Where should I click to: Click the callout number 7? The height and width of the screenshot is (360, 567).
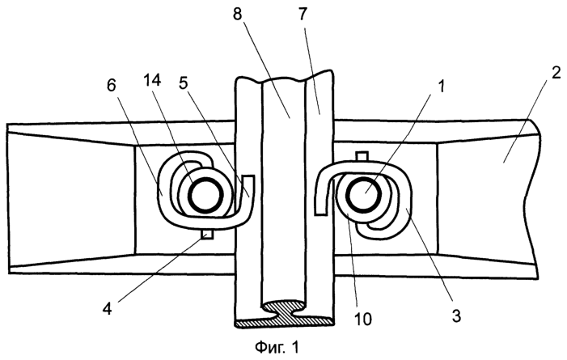click(303, 15)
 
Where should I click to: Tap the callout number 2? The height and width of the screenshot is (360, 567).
click(556, 73)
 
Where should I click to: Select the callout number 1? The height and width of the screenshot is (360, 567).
click(441, 87)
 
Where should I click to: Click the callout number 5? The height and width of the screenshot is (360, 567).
click(184, 84)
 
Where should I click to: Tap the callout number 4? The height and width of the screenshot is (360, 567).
click(107, 310)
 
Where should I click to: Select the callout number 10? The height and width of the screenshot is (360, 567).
click(362, 319)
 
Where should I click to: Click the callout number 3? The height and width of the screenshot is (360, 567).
click(456, 316)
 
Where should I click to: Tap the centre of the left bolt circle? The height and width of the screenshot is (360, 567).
click(205, 196)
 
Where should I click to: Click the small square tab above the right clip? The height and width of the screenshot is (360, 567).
click(362, 155)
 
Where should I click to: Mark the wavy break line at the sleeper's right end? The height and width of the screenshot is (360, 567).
click(535, 199)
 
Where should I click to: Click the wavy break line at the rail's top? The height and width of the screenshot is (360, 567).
click(284, 77)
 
